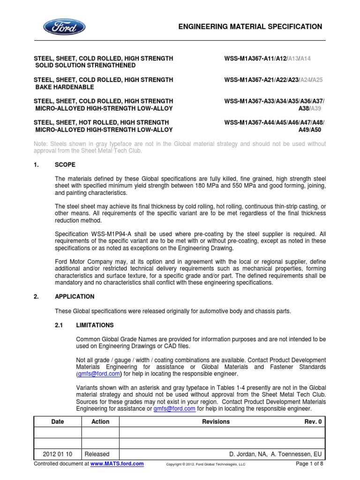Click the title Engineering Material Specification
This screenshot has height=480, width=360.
pos(250,27)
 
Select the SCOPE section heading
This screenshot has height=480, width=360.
pos(65,165)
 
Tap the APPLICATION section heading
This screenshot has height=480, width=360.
pos(75,297)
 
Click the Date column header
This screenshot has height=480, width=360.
pos(58,421)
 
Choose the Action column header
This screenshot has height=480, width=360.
pos(100,421)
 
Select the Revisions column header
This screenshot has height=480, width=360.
pos(216,421)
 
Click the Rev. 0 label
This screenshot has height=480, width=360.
pos(314,421)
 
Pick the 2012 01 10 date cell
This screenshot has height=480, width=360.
pos(58,454)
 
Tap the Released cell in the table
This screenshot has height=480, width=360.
pos(97,454)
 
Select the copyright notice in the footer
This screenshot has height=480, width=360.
pos(206,464)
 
